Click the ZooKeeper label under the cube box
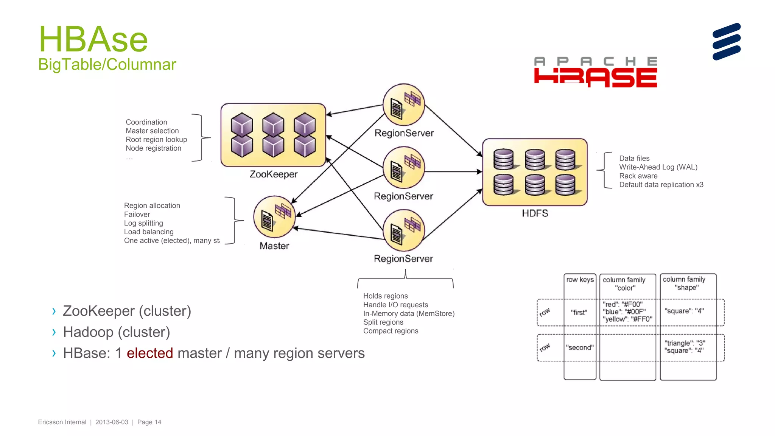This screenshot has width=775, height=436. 273,174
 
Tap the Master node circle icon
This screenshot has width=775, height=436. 274,217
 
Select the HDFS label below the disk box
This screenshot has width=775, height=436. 535,213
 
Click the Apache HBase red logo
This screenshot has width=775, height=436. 595,73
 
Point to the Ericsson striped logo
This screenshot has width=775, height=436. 726,42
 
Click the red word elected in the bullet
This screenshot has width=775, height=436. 149,353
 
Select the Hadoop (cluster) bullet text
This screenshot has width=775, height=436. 116,332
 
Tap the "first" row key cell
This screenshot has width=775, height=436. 579,313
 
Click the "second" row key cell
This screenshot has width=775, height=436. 579,347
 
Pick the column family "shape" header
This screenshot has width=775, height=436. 684,283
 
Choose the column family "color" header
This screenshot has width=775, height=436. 624,284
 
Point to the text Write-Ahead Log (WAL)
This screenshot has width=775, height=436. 658,167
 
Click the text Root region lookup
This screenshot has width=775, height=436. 156,139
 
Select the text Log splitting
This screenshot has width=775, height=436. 143,223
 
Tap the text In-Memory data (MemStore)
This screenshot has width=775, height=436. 409,313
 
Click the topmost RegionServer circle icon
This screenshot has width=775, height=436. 403,105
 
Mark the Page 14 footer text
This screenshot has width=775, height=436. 149,422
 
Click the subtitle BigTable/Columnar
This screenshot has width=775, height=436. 107,64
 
